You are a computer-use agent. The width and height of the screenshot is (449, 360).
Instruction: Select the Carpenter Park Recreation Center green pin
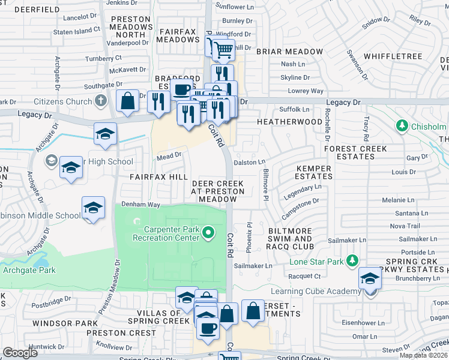208,232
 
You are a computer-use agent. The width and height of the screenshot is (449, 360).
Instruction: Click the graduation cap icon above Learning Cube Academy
369,278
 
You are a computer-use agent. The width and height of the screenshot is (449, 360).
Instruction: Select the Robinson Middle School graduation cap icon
93,208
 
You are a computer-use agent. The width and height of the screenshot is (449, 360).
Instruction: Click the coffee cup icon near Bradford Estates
181,90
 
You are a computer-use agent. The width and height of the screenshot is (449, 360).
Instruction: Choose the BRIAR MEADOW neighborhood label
289,52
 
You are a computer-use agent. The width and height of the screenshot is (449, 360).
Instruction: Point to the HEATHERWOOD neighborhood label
289,121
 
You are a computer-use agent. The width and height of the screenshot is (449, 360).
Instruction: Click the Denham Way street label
140,205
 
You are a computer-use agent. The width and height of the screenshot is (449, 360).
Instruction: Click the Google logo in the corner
20,352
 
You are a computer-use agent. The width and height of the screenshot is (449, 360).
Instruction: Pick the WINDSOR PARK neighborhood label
61,323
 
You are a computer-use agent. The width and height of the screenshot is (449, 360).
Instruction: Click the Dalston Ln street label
249,162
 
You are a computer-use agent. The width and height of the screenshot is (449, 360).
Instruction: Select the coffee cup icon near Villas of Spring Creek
208,328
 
